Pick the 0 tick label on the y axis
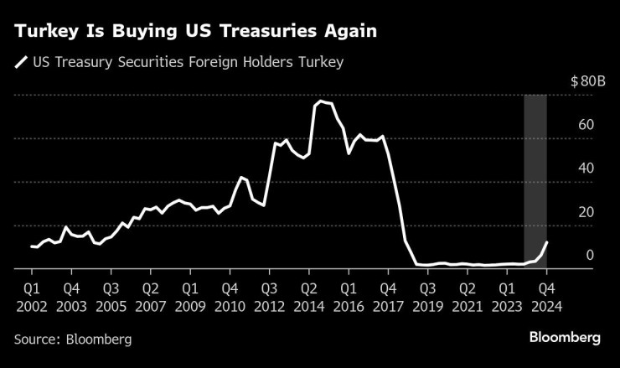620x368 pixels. [x=590, y=256]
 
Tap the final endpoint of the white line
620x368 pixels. [x=547, y=242]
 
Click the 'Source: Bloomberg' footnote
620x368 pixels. [x=73, y=339]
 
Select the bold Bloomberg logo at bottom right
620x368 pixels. [x=565, y=338]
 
